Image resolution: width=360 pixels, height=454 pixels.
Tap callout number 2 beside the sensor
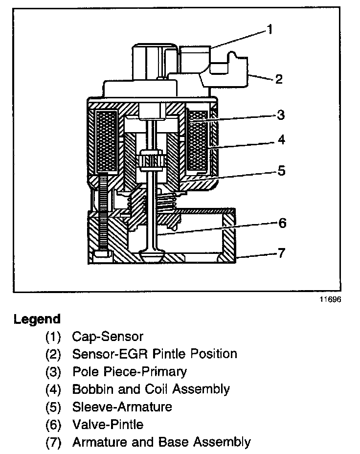[278, 78]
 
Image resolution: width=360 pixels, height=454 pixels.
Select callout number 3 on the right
[280, 115]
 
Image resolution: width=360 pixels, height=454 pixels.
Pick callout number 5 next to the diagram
[281, 171]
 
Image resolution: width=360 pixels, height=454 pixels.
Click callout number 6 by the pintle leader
[282, 223]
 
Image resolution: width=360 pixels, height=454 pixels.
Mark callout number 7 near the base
[281, 253]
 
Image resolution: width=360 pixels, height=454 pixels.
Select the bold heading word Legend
[37, 319]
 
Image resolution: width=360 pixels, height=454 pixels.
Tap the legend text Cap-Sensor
[108, 337]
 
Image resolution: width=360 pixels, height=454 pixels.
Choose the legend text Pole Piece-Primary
[129, 371]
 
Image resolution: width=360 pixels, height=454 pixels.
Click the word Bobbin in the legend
[90, 389]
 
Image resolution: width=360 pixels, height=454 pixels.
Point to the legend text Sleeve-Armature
[122, 407]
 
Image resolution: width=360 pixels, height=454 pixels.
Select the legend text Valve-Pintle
[108, 425]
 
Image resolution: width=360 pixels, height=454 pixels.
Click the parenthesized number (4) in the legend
[53, 389]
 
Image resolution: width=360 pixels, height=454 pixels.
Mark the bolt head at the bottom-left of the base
[101, 255]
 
